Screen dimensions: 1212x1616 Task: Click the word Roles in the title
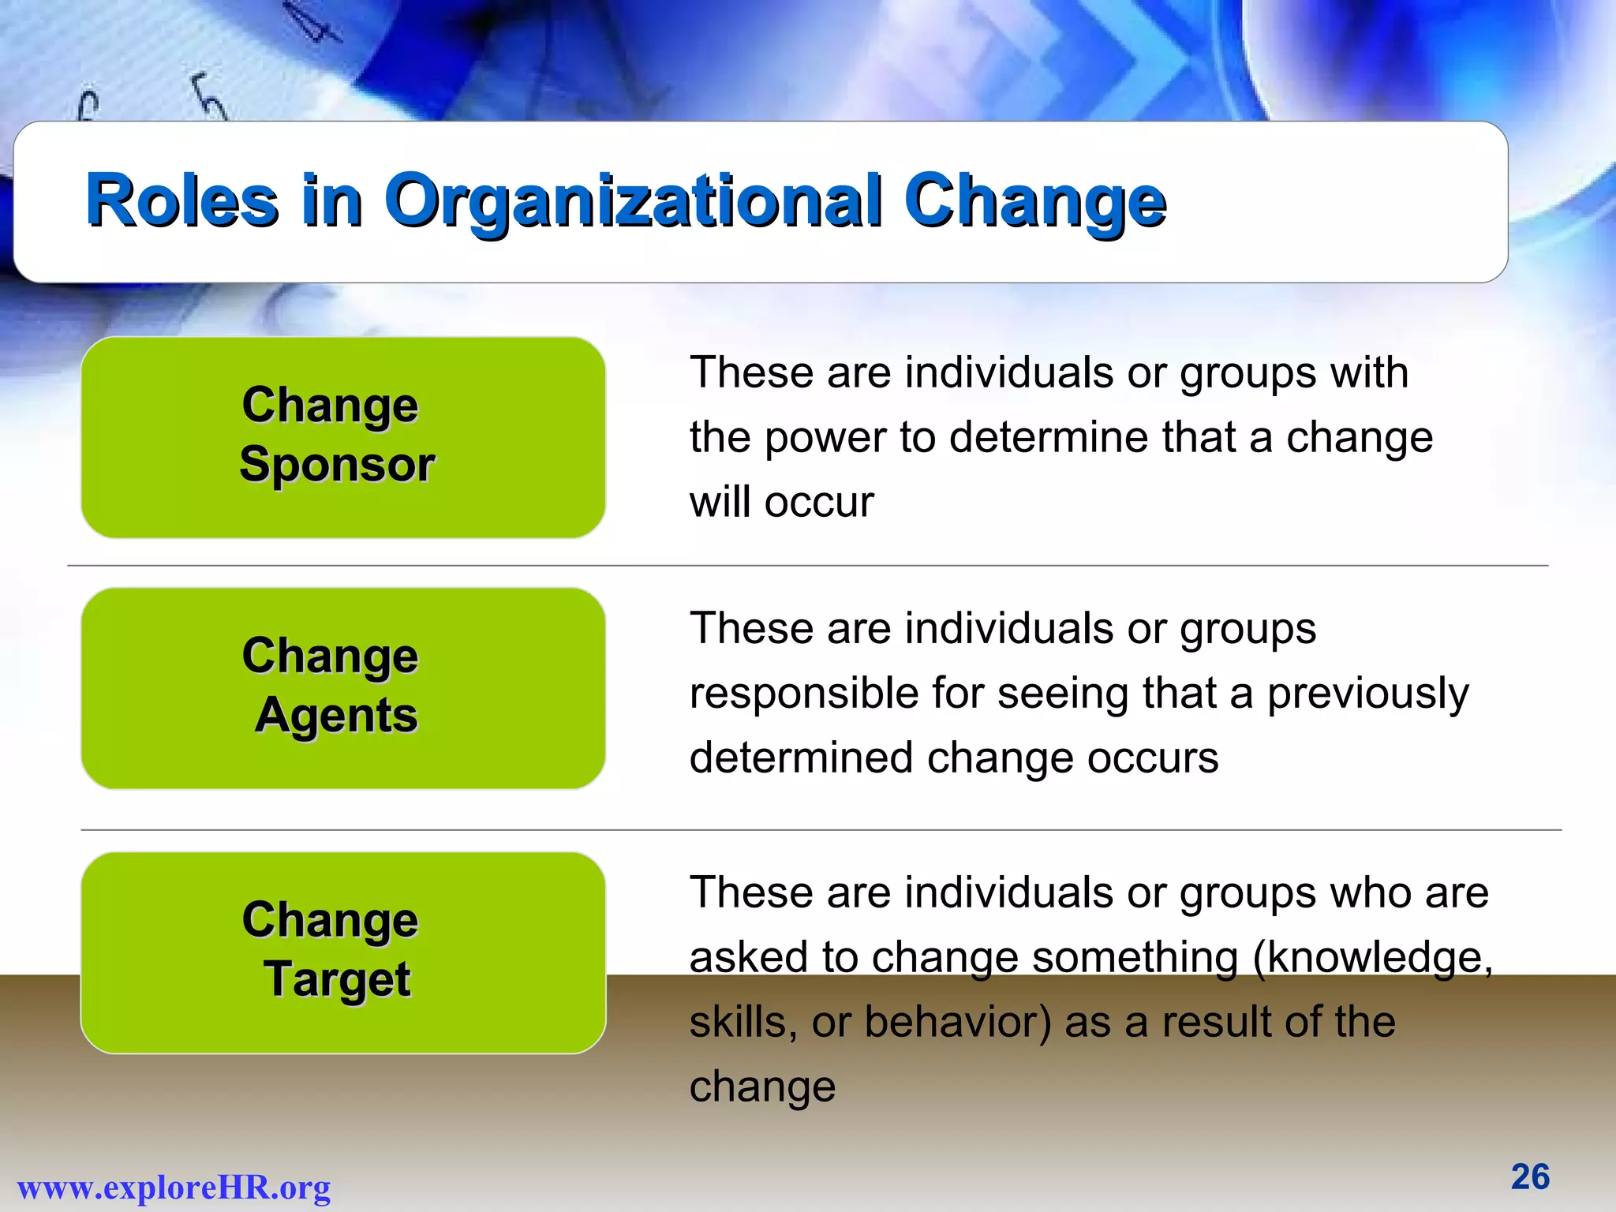(181, 201)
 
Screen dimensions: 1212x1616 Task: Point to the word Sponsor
(337, 464)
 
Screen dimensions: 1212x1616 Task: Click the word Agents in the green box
(336, 716)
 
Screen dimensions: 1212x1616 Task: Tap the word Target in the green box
(337, 979)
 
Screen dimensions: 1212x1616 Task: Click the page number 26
(1530, 1176)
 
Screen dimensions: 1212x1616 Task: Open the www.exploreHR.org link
(174, 1188)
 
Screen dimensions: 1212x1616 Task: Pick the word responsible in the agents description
(803, 694)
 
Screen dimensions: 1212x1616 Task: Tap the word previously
(1367, 694)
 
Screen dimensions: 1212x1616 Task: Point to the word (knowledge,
(1372, 958)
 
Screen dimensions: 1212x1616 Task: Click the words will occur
(781, 503)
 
